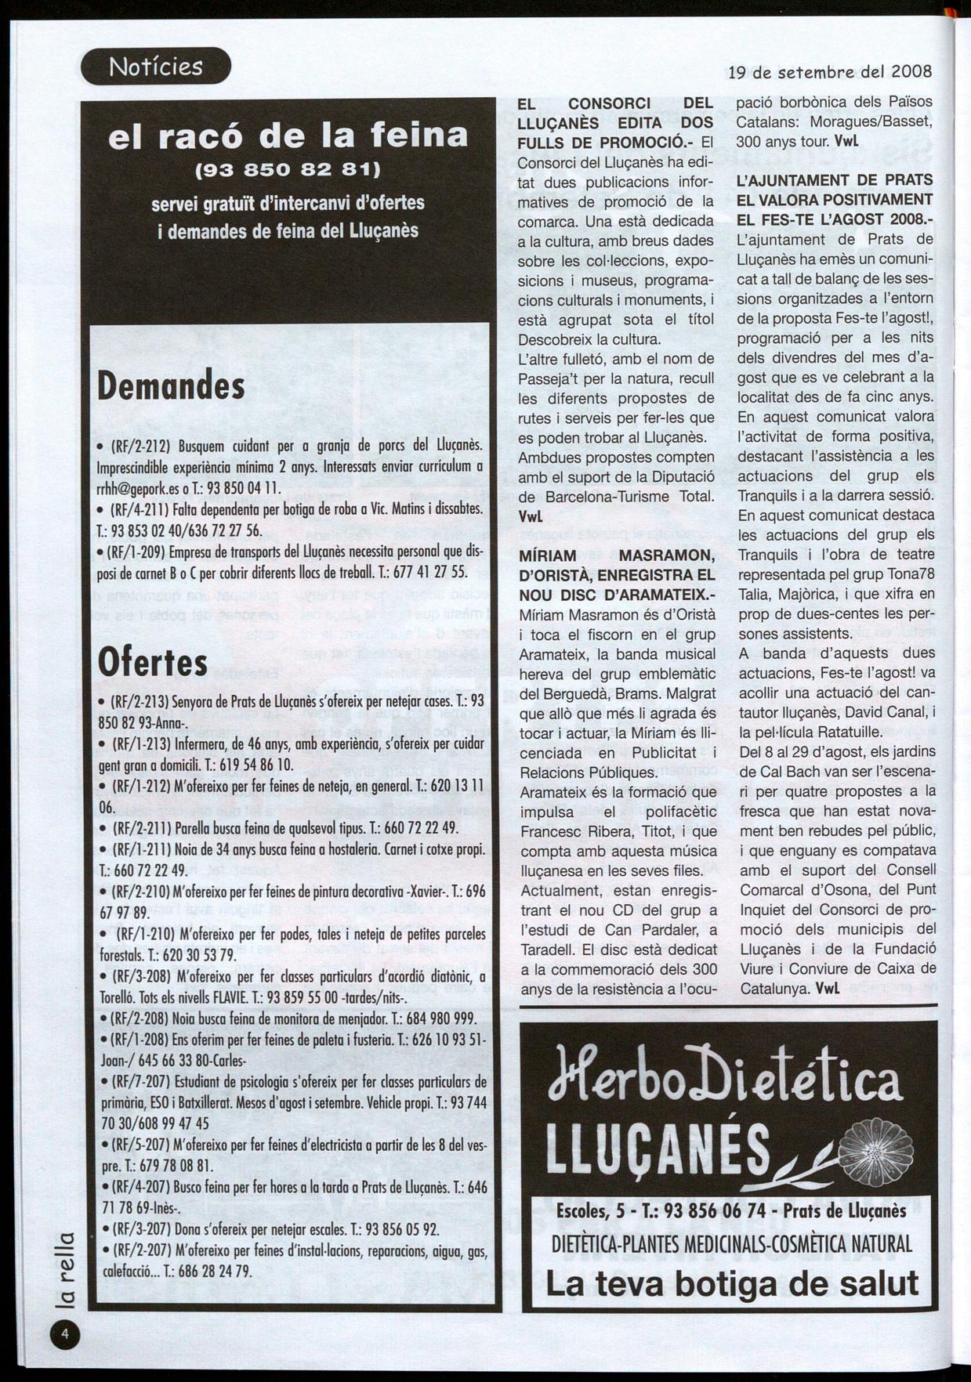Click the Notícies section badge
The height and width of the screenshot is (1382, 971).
[x=156, y=67]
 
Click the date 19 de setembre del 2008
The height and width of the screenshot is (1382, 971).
[x=830, y=72]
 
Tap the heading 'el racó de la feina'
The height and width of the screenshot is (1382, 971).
[x=288, y=136]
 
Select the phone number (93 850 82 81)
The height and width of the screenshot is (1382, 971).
[x=288, y=169]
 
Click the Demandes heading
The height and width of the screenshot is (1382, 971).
[x=172, y=385]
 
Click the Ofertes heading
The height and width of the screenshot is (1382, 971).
[x=153, y=662]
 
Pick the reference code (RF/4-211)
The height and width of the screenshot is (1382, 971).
[x=142, y=509]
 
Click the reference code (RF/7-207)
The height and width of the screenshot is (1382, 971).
[x=142, y=1082]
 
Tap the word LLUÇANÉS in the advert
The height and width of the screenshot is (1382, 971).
[x=658, y=1152]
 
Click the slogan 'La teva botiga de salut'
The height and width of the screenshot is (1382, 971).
[x=731, y=1284]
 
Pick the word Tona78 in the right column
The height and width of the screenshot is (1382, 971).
[x=908, y=573]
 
